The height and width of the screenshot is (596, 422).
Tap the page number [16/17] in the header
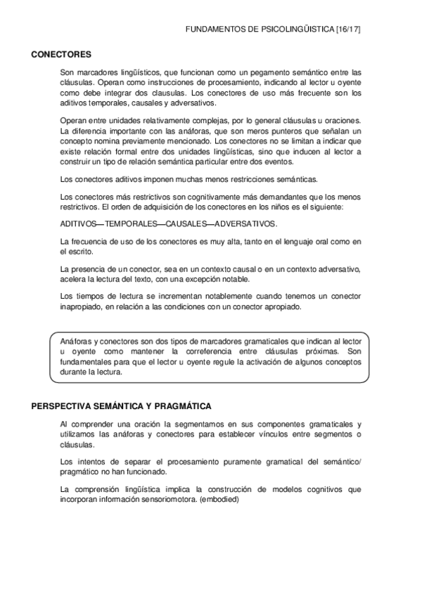pos(348,31)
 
